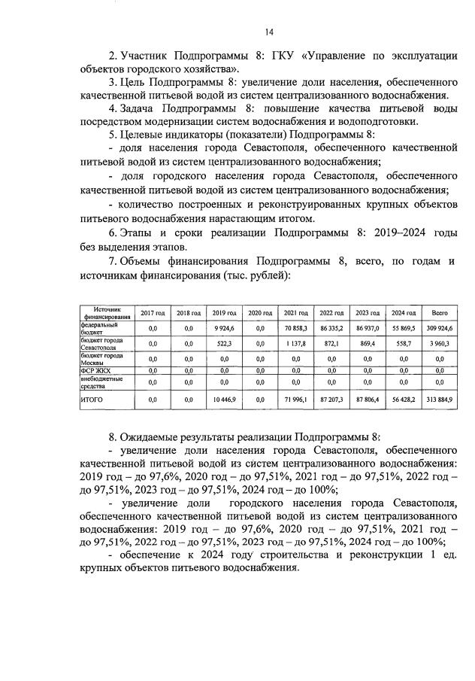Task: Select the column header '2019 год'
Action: click(x=225, y=313)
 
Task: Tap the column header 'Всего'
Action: click(x=440, y=313)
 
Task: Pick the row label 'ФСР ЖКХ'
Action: click(x=92, y=370)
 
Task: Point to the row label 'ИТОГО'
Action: click(x=92, y=400)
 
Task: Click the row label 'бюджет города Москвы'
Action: click(x=102, y=358)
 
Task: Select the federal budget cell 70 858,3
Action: click(x=295, y=328)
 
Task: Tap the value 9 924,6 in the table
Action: click(x=225, y=328)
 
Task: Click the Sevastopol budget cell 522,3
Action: click(x=225, y=343)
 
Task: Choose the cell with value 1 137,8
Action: click(x=295, y=343)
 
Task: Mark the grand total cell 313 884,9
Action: click(x=440, y=400)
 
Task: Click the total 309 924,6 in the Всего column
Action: click(x=440, y=328)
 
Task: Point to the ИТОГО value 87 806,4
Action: click(x=368, y=400)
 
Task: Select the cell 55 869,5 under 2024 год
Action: click(x=404, y=328)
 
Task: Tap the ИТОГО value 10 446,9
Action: click(x=225, y=400)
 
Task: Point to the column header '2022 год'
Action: click(x=331, y=313)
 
